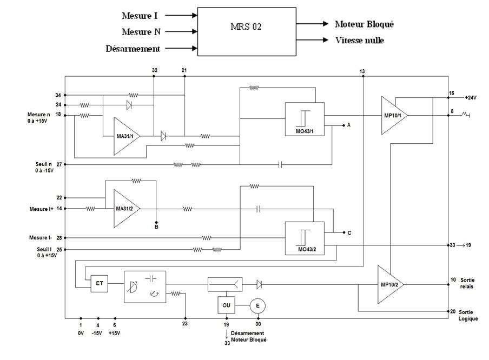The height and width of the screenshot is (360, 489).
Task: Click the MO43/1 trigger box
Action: pos(304,119)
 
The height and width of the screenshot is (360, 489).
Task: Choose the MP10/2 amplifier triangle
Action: pos(390,284)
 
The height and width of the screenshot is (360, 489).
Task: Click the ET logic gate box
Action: pos(100,283)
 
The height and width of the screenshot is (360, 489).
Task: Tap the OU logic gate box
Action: pos(226,305)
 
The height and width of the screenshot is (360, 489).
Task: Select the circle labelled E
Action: pos(258,305)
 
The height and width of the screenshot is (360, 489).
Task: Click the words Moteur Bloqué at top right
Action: pos(364,24)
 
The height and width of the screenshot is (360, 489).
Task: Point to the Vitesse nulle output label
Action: pos(359,41)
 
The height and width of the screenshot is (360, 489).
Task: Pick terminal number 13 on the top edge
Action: pos(362,71)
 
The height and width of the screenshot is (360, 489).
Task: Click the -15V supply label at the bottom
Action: pos(98,333)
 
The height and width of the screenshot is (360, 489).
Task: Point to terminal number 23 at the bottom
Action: pos(185,324)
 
